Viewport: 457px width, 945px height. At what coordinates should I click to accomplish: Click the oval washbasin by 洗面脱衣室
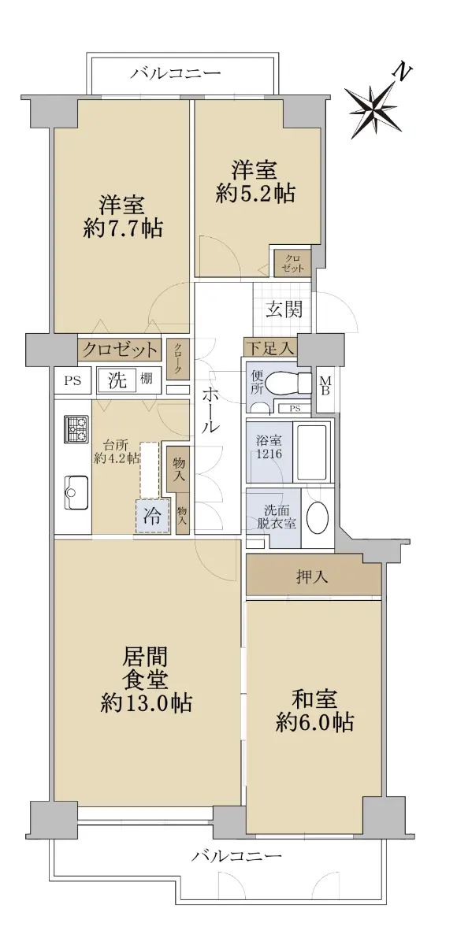[x=318, y=517]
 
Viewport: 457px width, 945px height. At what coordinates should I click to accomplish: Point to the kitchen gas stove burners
[x=76, y=429]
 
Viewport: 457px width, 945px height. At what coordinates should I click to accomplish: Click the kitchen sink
[x=76, y=492]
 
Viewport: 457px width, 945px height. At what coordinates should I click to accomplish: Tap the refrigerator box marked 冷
[x=152, y=516]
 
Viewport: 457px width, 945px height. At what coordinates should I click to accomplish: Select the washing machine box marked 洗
[x=117, y=380]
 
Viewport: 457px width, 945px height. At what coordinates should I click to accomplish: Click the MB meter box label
[x=325, y=386]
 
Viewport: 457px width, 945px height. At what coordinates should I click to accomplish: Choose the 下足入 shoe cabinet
[x=270, y=348]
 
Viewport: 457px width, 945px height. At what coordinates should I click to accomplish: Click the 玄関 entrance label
[x=284, y=310]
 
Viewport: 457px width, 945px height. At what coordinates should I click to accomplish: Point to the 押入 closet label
[x=312, y=576]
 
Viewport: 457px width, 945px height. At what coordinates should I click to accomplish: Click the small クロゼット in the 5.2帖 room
[x=292, y=264]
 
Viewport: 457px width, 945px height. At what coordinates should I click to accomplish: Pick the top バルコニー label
[x=175, y=73]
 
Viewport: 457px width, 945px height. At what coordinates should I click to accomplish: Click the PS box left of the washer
[x=72, y=380]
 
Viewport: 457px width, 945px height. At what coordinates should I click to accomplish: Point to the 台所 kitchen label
[x=117, y=452]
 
